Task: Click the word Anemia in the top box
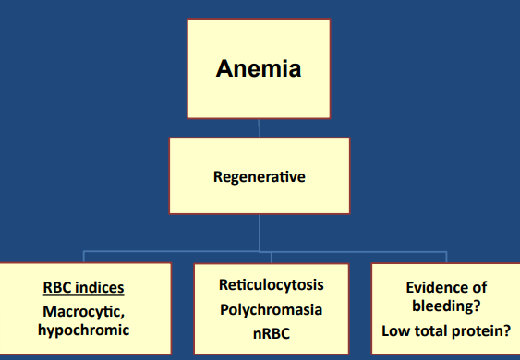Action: click(259, 69)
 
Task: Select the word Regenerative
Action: click(259, 176)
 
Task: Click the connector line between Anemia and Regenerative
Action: click(259, 127)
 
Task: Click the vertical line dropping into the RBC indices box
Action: click(85, 257)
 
